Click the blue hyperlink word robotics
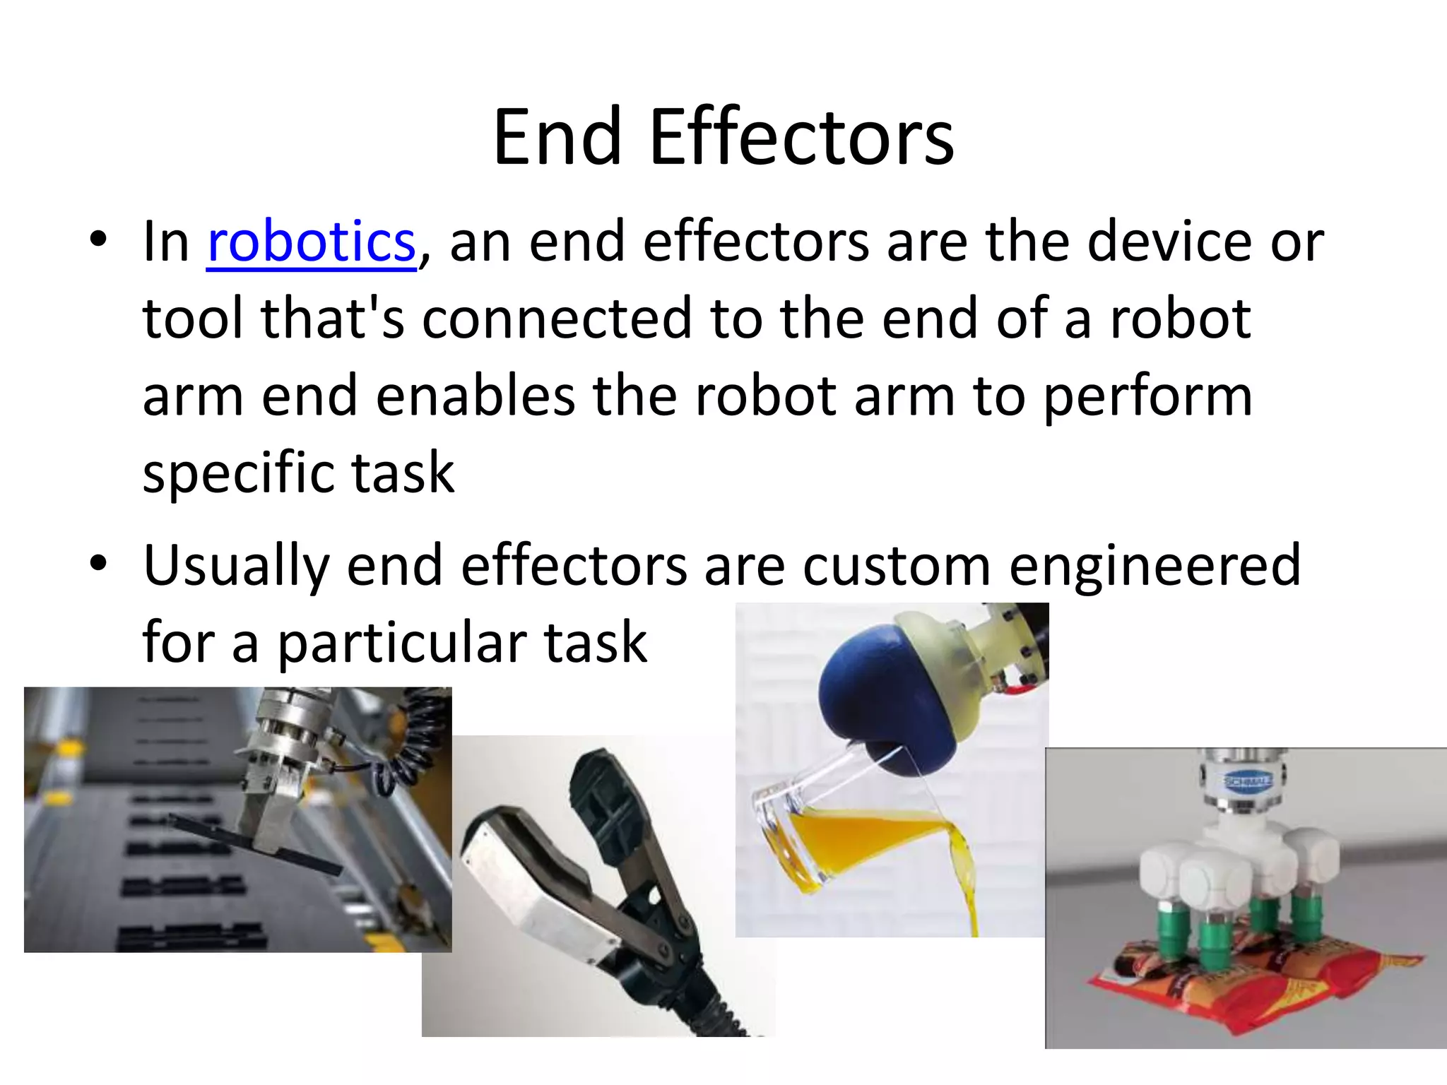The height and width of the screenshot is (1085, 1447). pos(311,242)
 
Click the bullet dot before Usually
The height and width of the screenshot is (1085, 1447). pos(98,563)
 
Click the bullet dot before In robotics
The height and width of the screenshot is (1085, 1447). pos(98,239)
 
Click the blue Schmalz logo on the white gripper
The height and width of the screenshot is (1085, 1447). pos(1247,781)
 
